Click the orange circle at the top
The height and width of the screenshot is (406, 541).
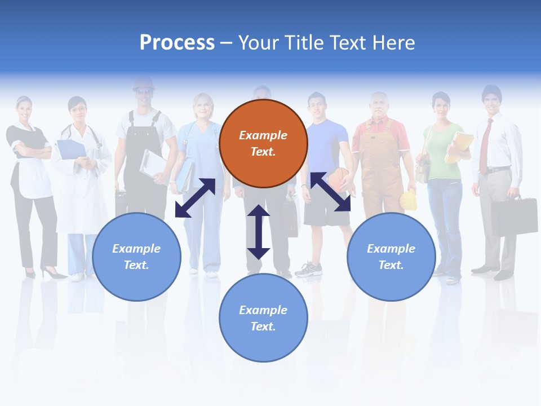click(x=263, y=143)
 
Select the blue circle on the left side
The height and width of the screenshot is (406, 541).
click(x=136, y=257)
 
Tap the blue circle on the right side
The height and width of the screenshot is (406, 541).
click(x=391, y=257)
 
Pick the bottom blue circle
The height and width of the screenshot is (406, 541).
click(x=263, y=317)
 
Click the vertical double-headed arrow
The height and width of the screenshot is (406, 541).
click(x=259, y=232)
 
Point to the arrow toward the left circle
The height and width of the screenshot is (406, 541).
click(x=195, y=198)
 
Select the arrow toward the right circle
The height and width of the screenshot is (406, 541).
click(x=330, y=192)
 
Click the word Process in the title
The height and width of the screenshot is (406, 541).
click(x=177, y=42)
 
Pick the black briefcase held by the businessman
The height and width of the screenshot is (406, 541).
click(x=513, y=216)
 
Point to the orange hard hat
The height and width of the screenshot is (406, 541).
click(x=144, y=83)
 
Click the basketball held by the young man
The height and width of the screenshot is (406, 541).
click(x=338, y=179)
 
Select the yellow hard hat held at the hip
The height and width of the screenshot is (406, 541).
click(x=408, y=200)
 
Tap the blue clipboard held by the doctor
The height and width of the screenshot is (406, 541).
click(x=72, y=149)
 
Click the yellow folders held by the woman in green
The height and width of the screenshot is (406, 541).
click(x=459, y=147)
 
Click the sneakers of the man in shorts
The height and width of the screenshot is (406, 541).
click(x=308, y=270)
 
